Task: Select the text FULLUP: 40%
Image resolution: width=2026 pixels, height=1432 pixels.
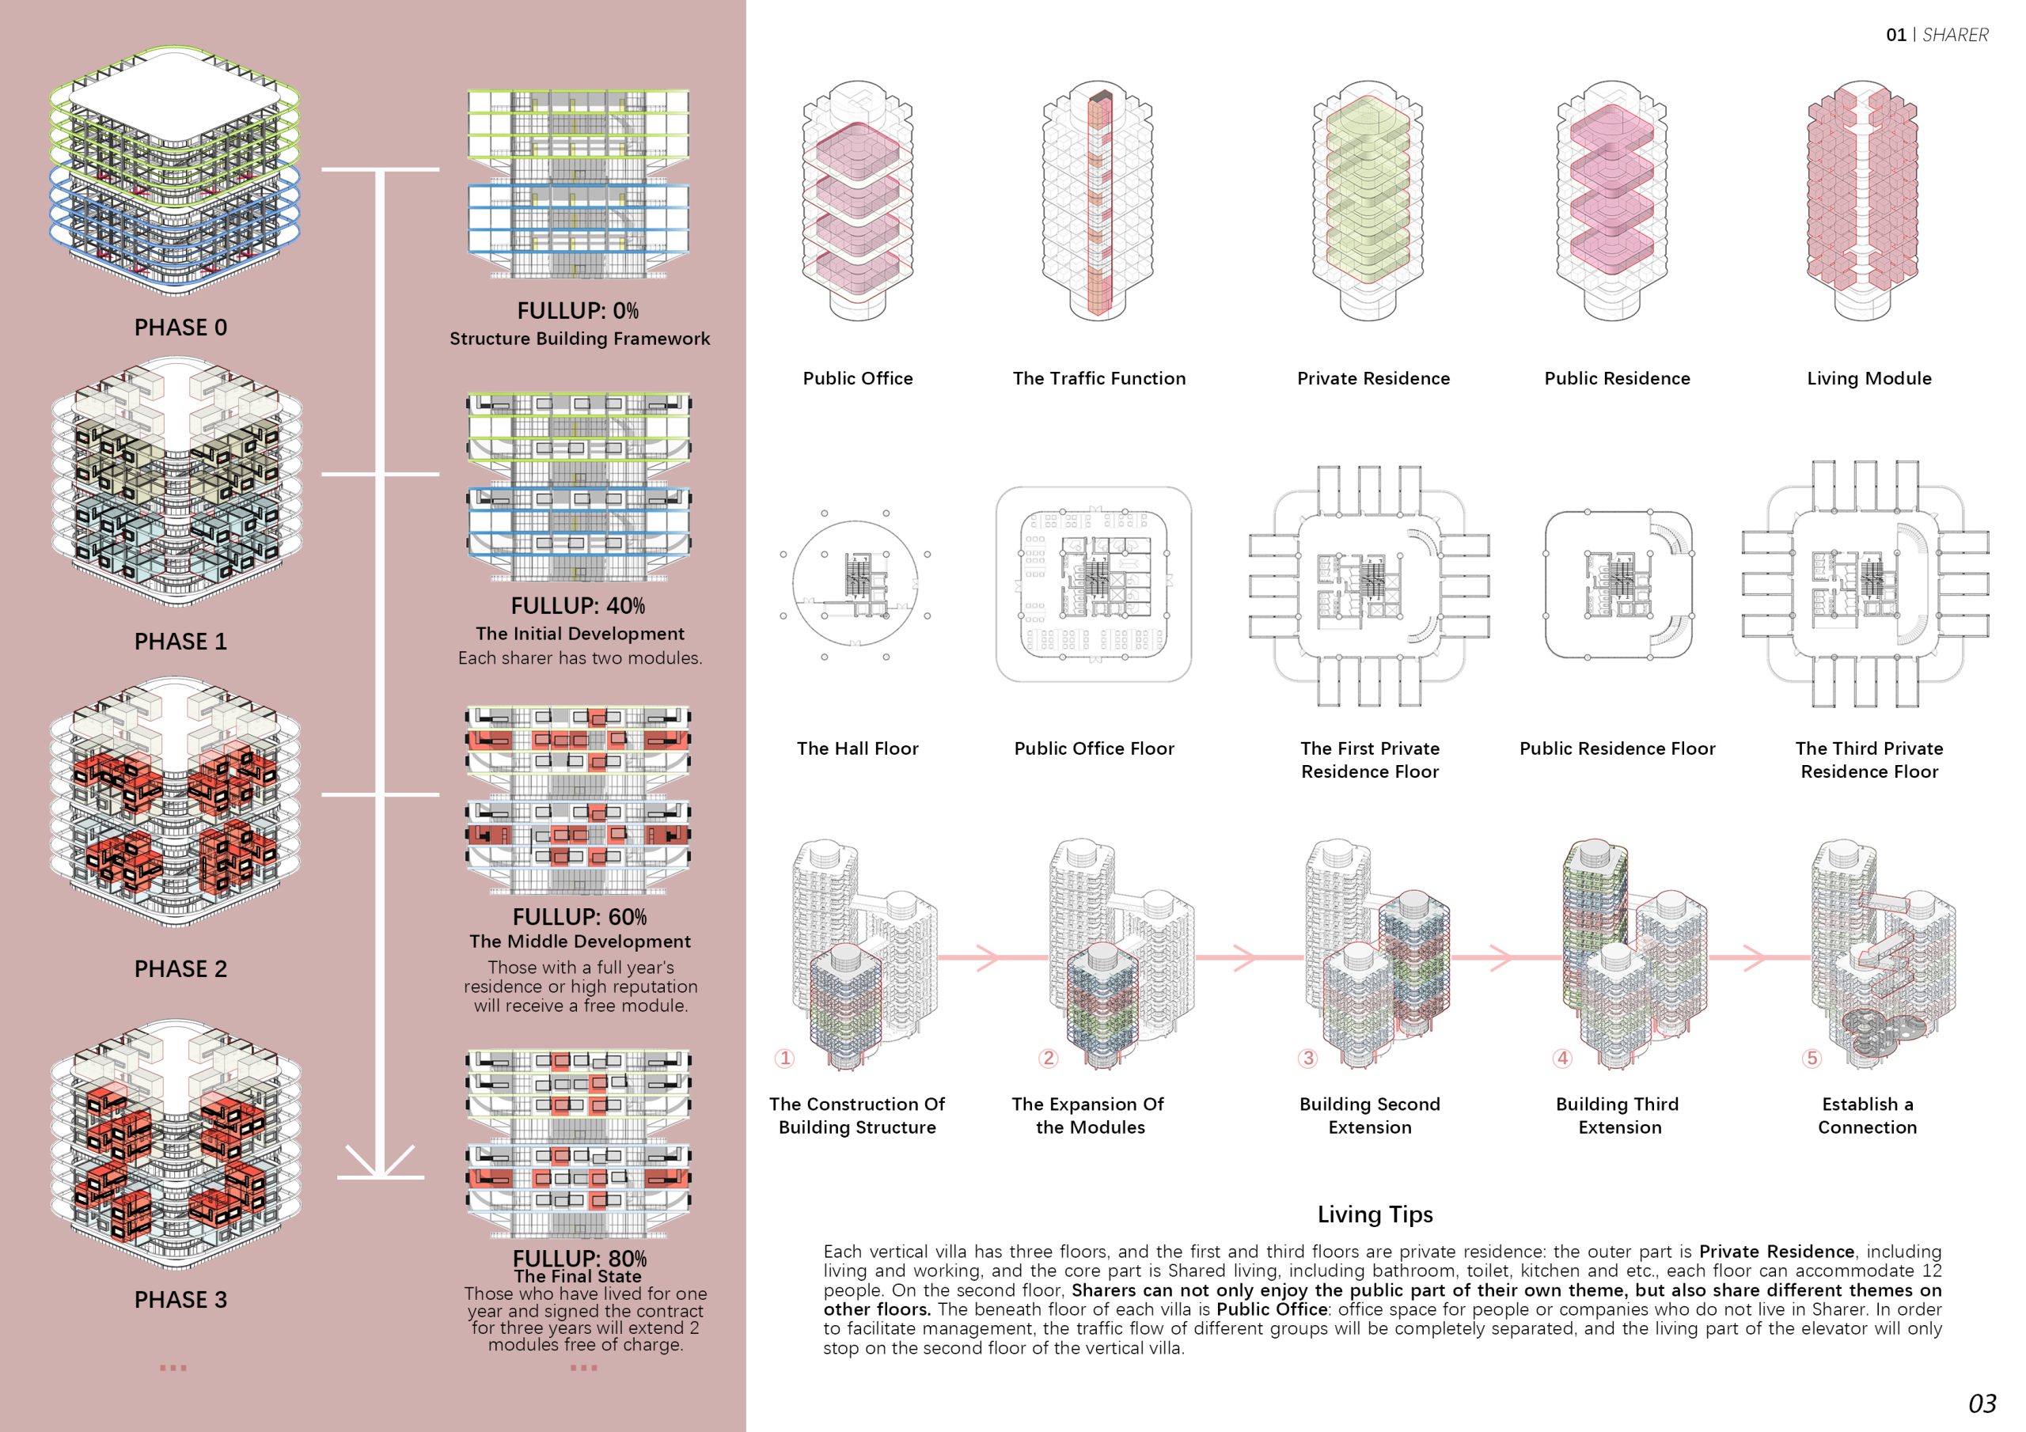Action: pos(578,606)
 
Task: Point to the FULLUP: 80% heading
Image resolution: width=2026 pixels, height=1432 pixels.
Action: pos(579,1258)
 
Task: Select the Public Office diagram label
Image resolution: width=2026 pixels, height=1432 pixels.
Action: pos(858,378)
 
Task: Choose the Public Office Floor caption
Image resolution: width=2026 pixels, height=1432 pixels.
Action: pos(1095,749)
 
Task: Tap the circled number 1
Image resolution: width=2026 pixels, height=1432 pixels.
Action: pos(784,1058)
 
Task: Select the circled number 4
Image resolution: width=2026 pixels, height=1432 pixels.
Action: pos(1562,1058)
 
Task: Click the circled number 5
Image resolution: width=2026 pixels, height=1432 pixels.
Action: pos(1812,1058)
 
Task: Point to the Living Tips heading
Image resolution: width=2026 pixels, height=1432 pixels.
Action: pos(1375,1215)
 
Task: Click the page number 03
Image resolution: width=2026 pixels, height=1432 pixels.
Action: pos(1982,1403)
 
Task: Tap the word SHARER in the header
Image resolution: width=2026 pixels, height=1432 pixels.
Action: pos(1956,36)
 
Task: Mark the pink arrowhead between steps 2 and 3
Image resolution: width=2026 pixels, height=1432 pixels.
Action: pos(1243,957)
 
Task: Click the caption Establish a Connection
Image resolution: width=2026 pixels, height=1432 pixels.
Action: pos(1867,1116)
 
